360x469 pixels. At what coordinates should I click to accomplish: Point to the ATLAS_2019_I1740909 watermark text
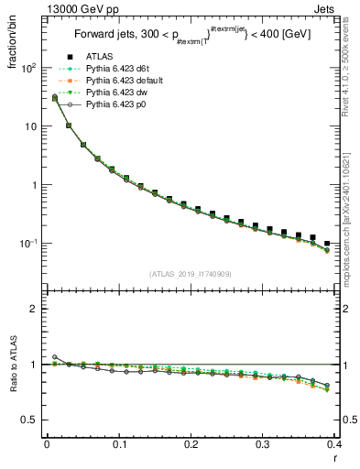[x=191, y=274]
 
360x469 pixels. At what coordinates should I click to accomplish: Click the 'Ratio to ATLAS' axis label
[x=12, y=366]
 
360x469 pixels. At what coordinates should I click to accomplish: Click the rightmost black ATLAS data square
[x=327, y=244]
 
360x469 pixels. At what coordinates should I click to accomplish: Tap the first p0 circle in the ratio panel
[x=54, y=357]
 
